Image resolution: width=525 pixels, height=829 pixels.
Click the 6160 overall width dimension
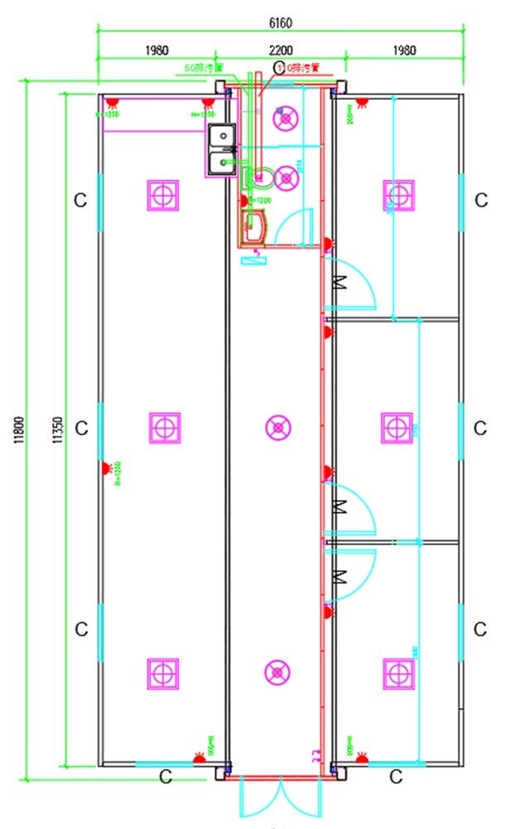pyautogui.click(x=281, y=22)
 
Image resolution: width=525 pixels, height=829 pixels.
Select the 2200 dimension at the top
pyautogui.click(x=281, y=50)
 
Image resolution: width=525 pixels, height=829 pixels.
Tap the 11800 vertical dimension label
pyautogui.click(x=18, y=430)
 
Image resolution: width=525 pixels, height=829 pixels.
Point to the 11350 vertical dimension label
pyautogui.click(x=55, y=430)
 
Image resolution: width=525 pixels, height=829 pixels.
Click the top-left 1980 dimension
pyautogui.click(x=157, y=50)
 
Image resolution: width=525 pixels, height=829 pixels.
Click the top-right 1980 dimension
pyautogui.click(x=403, y=50)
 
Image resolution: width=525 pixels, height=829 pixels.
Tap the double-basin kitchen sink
pyautogui.click(x=221, y=150)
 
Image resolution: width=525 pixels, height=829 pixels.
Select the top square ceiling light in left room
pyautogui.click(x=164, y=195)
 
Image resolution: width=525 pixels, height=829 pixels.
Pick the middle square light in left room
pyautogui.click(x=164, y=427)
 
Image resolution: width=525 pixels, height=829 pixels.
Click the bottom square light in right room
pyautogui.click(x=397, y=673)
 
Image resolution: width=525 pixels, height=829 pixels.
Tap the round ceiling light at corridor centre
pyautogui.click(x=278, y=427)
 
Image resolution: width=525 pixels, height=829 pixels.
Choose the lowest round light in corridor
pyautogui.click(x=278, y=672)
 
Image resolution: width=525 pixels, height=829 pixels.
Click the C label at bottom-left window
pyautogui.click(x=165, y=777)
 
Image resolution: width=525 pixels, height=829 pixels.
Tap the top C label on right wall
pyautogui.click(x=480, y=199)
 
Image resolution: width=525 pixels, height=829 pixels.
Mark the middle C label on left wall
pyautogui.click(x=81, y=428)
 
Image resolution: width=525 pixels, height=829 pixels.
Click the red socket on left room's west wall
pyautogui.click(x=107, y=468)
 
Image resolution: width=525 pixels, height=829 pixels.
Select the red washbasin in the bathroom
pyautogui.click(x=253, y=223)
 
